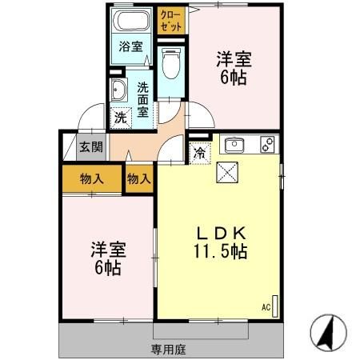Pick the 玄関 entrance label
[x=90, y=146]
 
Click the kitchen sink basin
[x=235, y=146]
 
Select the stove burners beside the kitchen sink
[x=267, y=146]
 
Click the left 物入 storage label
[x=92, y=178]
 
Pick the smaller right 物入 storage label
[x=138, y=178]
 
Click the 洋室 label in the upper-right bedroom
[x=234, y=58]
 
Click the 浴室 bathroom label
[x=131, y=46]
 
